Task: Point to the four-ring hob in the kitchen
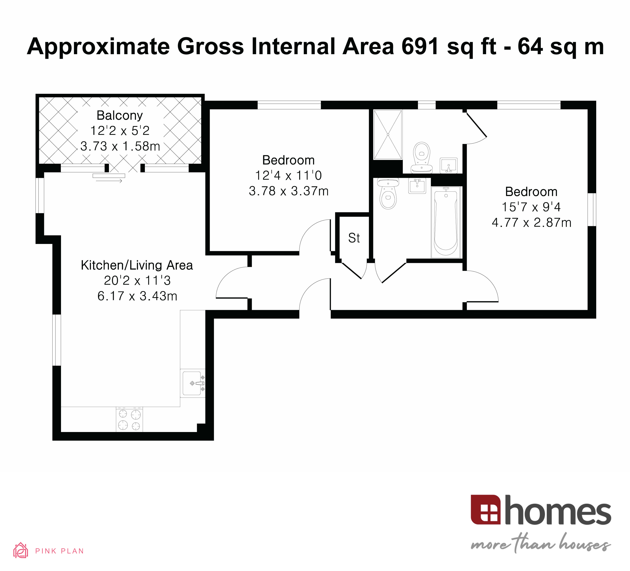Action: (x=129, y=420)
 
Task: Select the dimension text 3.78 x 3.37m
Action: (x=289, y=191)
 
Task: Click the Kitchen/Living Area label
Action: (x=137, y=265)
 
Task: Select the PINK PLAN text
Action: (x=59, y=551)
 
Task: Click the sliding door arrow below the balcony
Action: (x=109, y=181)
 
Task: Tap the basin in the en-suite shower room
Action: (x=448, y=165)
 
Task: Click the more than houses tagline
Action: (x=541, y=544)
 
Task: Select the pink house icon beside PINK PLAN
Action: (x=21, y=550)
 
